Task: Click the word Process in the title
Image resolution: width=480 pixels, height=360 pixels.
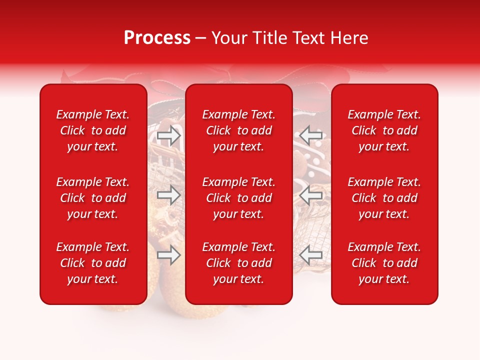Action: pos(157,38)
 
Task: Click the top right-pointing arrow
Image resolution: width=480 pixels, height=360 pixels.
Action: pos(169,135)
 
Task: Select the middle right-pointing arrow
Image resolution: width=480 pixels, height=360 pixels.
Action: pos(169,195)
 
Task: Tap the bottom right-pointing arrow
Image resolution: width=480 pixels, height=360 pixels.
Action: pos(169,255)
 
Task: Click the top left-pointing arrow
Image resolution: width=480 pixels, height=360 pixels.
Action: pos(310,135)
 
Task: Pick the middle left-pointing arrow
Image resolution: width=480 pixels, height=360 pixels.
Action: pos(310,195)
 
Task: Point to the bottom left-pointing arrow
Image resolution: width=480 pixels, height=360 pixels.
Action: pos(310,255)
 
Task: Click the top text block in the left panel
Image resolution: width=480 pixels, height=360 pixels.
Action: pos(93,130)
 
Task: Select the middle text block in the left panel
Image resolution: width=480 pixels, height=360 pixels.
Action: pos(93,198)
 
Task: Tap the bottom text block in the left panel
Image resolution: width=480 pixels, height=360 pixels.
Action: pos(93,263)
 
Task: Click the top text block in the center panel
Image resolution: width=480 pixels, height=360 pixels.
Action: pos(239,130)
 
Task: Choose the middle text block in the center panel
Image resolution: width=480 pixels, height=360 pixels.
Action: pos(239,198)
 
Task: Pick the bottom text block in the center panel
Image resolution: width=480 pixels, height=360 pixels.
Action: pos(239,263)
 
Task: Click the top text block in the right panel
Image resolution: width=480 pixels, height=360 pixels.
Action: pos(384,130)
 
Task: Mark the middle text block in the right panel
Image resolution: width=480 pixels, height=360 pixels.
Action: pos(384,198)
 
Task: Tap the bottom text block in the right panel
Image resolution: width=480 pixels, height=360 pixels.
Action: pos(384,263)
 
